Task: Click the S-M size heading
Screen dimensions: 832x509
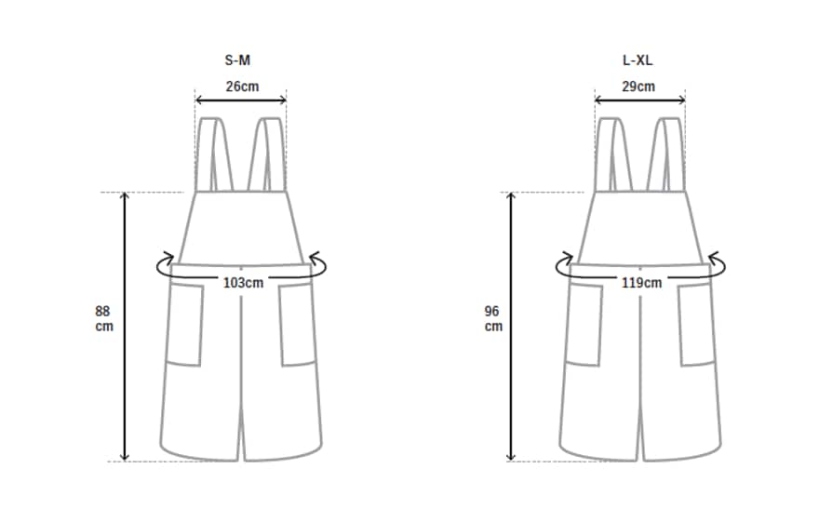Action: [237, 60]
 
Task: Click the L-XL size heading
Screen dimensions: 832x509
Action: [637, 60]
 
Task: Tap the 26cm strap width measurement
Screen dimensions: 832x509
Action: [242, 86]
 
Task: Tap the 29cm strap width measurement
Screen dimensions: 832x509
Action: [638, 86]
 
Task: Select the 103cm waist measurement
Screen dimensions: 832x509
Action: [243, 282]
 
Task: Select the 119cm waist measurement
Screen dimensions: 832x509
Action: [641, 282]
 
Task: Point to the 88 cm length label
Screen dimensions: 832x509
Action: [104, 318]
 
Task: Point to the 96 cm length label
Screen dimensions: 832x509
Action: [493, 318]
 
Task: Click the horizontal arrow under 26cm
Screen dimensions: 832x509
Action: [241, 100]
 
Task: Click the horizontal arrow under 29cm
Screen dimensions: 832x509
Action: [640, 100]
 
